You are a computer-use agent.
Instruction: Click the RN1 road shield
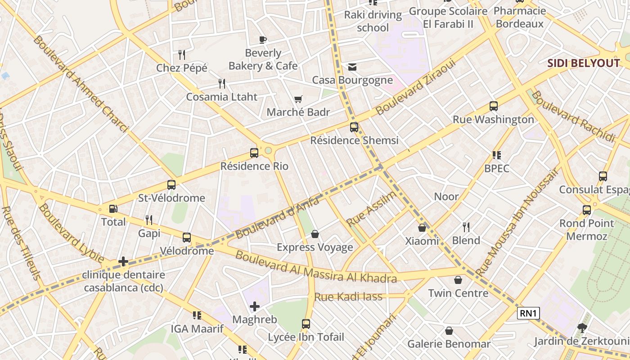(528, 313)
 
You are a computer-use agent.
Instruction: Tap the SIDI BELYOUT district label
(584, 63)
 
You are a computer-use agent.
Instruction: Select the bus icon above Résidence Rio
(254, 153)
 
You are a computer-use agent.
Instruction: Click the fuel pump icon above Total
(113, 209)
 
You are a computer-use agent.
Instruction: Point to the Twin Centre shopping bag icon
(458, 280)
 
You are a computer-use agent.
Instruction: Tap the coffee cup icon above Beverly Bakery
(263, 40)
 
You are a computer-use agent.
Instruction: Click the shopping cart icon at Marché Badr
(298, 99)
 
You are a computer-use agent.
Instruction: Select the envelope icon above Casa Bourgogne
(352, 67)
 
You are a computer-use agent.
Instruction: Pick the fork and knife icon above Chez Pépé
(182, 55)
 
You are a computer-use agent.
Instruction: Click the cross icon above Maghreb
(255, 306)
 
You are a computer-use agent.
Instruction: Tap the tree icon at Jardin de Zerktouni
(582, 328)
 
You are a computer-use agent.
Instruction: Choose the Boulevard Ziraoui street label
(416, 86)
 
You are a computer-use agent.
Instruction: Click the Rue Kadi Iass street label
(348, 297)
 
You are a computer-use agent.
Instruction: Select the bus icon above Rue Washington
(494, 106)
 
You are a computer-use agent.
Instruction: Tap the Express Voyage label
(315, 247)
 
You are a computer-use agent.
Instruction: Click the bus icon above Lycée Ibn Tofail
(306, 324)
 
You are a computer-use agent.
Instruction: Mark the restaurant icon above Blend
(466, 227)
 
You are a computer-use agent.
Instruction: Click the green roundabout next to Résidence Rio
(269, 150)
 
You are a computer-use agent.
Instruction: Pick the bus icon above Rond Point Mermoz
(587, 210)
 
